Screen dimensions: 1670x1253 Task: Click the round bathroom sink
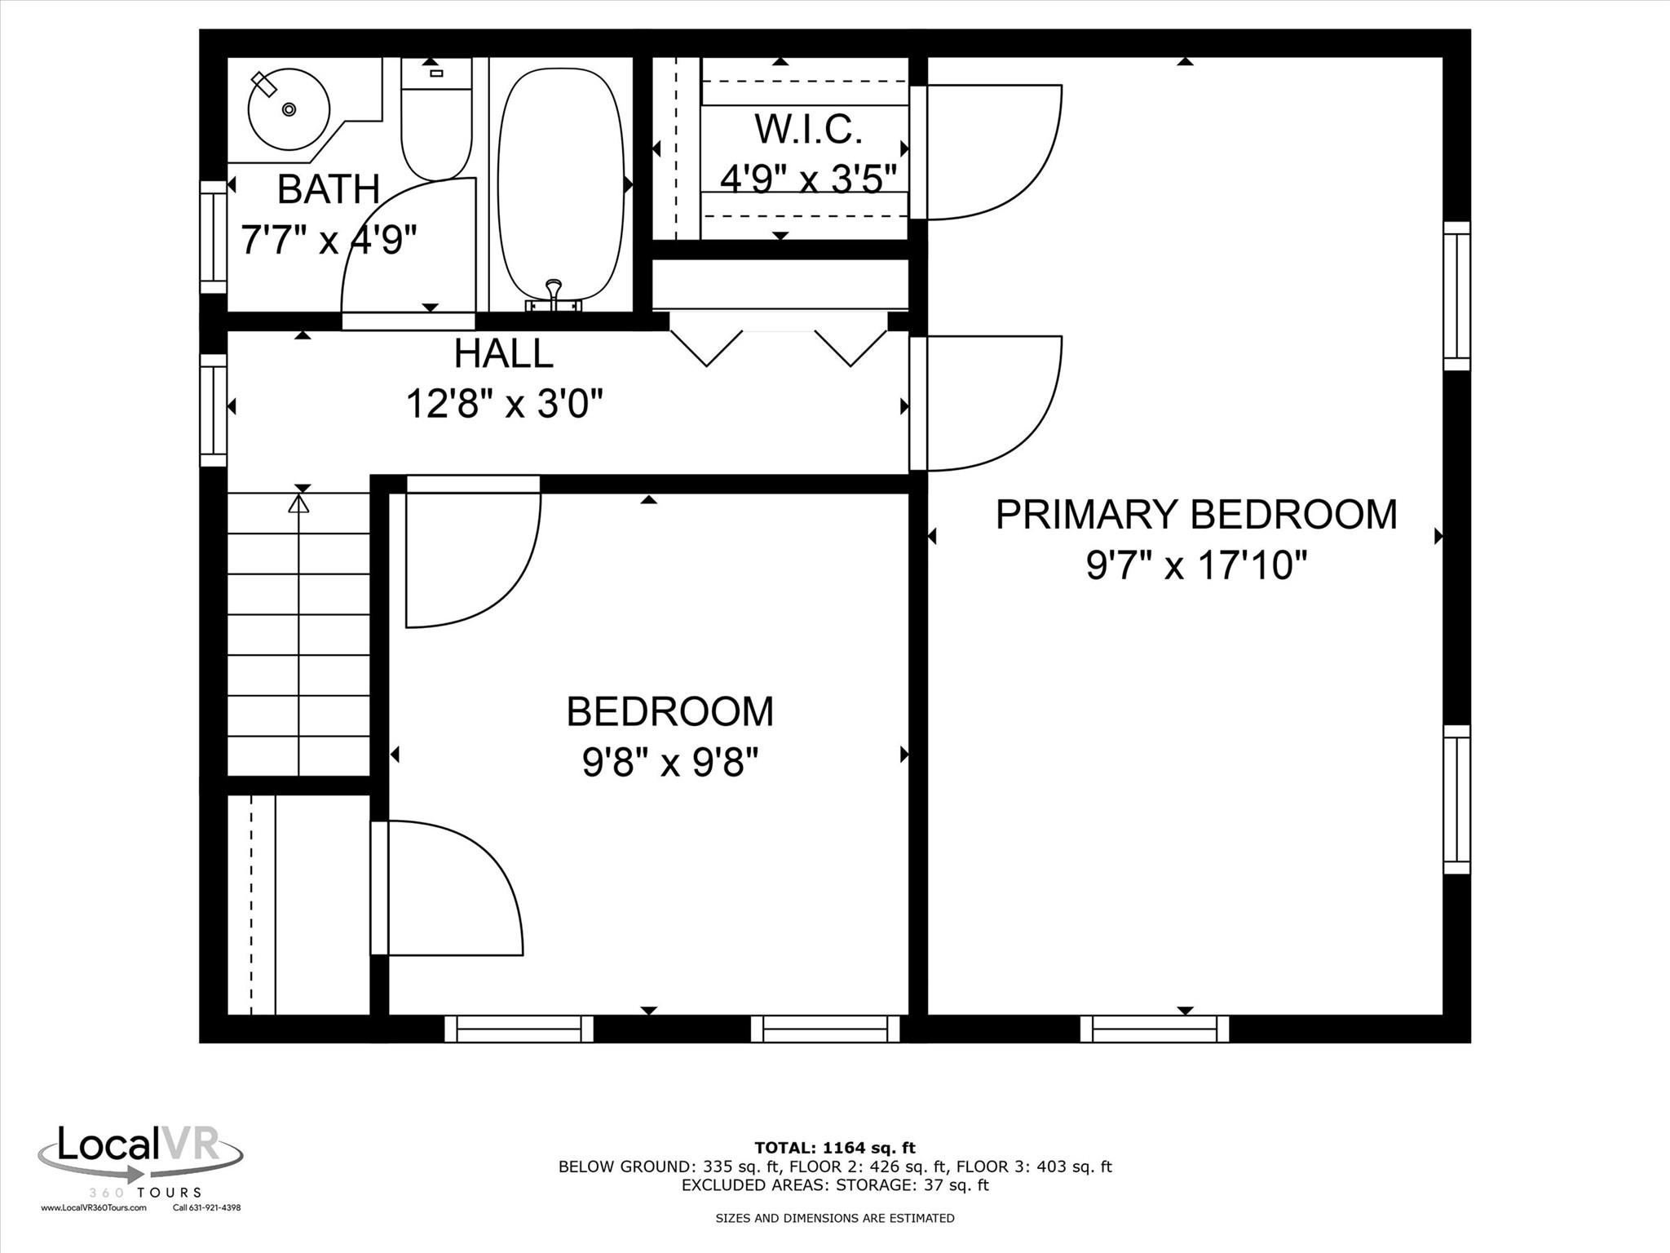pyautogui.click(x=288, y=109)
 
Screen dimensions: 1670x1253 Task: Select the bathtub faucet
pyautogui.click(x=554, y=295)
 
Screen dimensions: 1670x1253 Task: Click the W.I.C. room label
pyautogui.click(x=808, y=129)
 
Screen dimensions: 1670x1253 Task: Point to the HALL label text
pyautogui.click(x=504, y=353)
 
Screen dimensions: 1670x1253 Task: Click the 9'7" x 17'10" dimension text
pyautogui.click(x=1196, y=565)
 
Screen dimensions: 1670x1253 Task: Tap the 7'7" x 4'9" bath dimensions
pyautogui.click(x=329, y=239)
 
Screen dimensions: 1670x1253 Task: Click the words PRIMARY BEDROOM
pyautogui.click(x=1196, y=515)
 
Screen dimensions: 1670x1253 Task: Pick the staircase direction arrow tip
pyautogui.click(x=299, y=496)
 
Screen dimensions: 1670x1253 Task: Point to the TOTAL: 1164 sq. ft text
pyautogui.click(x=835, y=1149)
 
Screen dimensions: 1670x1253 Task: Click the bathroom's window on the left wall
pyautogui.click(x=214, y=237)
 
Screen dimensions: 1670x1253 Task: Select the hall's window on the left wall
pyautogui.click(x=214, y=410)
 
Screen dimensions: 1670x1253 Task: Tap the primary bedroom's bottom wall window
pyautogui.click(x=1155, y=1029)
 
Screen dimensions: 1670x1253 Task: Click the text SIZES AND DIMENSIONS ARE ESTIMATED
pyautogui.click(x=835, y=1218)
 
